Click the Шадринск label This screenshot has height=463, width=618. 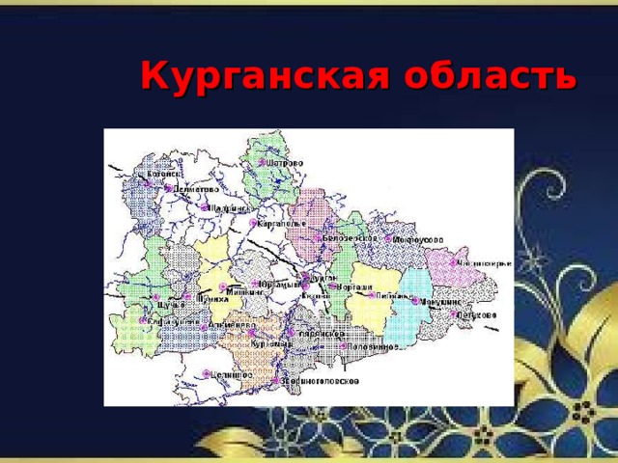point(229,207)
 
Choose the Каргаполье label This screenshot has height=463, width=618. point(279,223)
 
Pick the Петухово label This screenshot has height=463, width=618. point(479,314)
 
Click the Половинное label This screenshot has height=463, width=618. point(373,346)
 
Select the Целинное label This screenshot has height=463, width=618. point(232,373)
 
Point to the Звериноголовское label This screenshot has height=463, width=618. point(321,381)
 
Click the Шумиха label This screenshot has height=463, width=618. point(212,300)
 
